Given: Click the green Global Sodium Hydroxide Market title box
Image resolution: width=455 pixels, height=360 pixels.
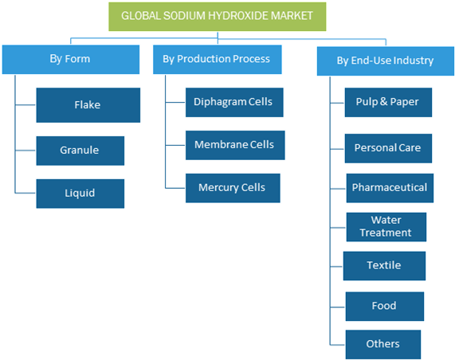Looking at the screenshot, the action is coord(218,17).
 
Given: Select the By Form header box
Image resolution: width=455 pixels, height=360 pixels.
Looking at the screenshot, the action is coord(71,60).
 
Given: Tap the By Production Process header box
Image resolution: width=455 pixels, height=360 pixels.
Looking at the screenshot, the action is coord(218,60).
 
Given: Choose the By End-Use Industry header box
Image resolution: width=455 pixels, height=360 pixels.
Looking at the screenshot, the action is coord(386,61).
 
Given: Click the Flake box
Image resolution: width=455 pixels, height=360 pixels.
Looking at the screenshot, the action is coord(88,105).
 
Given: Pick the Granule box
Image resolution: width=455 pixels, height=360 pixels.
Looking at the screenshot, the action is coord(80,151).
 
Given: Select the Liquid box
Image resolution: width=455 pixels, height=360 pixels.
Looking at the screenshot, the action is coord(80,194).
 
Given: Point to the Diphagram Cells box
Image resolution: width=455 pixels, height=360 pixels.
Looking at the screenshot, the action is coord(234,103).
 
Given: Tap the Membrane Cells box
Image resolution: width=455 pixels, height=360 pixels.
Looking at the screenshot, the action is coord(235,145).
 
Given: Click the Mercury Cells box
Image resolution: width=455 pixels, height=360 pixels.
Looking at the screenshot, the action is coord(233,188).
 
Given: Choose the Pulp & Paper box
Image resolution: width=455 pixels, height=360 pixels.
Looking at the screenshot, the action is coord(388,103).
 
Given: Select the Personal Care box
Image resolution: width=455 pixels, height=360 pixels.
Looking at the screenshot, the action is coord(388,148).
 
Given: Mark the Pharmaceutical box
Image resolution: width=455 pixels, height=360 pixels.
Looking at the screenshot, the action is coord(390,188).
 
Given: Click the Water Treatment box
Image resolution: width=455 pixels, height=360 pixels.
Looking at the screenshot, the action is coord(386,227).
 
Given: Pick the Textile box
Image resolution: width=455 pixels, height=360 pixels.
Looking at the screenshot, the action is coord(384,266).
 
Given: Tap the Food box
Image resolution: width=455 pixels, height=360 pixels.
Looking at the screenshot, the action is coord(385,307).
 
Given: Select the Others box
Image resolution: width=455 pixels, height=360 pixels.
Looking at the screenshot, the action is coord(383,344).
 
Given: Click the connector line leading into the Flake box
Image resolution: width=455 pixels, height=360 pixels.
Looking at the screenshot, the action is coord(25,104).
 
